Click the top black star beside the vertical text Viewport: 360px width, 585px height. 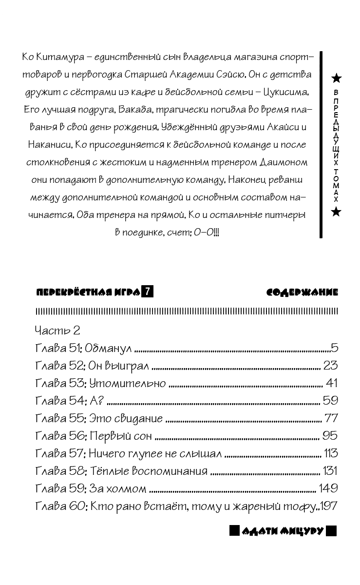(336, 78)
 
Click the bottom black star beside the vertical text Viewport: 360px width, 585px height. (336, 211)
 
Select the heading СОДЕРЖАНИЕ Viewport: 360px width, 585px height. (302, 292)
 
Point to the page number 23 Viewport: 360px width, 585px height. (330, 366)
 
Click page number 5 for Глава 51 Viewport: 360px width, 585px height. (334, 348)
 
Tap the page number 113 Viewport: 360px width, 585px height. (330, 453)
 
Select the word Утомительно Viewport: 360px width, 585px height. (140, 383)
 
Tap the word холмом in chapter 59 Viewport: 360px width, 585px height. (128, 488)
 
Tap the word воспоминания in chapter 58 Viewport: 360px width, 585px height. (170, 471)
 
